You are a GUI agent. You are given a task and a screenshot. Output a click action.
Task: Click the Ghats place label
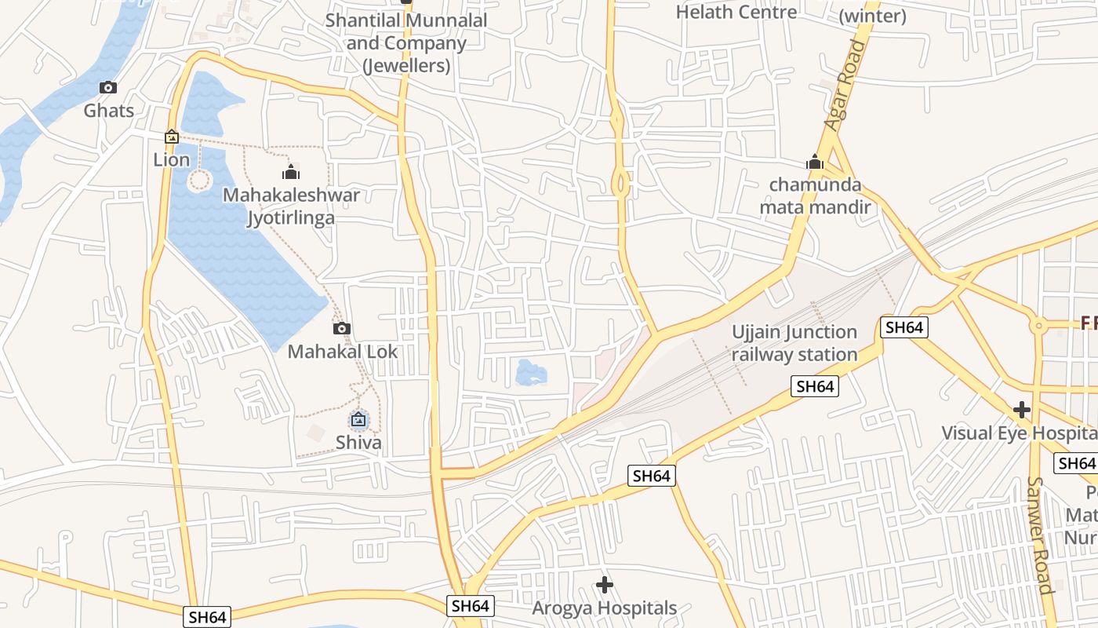tap(109, 111)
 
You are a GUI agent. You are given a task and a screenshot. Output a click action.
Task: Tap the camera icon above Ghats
tap(108, 88)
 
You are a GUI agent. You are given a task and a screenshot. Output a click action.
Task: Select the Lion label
tap(172, 160)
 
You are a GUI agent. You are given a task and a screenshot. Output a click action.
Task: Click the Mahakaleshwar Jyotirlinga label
tap(292, 206)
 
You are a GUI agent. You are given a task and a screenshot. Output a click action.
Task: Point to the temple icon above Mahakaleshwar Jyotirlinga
tap(292, 172)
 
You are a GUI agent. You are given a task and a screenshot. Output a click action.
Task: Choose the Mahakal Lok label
tap(343, 352)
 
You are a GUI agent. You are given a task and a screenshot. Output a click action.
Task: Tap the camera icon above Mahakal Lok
tap(341, 329)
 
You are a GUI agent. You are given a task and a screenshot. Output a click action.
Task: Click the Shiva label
tap(358, 443)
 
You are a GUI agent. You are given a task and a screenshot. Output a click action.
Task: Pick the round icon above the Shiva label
tap(358, 420)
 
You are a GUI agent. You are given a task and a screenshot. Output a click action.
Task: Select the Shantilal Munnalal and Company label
tap(406, 43)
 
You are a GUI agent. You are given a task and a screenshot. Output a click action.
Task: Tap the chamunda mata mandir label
tap(815, 196)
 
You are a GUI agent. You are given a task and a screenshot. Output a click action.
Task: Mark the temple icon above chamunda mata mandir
tap(815, 163)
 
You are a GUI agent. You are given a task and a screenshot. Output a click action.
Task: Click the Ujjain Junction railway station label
tap(794, 343)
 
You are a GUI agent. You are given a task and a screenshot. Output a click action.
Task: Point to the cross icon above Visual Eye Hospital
tap(1021, 410)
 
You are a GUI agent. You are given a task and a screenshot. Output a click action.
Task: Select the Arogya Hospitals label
tap(604, 608)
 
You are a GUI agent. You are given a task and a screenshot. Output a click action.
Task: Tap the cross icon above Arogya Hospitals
tap(604, 585)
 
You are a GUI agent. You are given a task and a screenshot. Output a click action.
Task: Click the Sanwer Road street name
tap(1039, 534)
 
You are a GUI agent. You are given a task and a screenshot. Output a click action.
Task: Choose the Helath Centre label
tap(736, 12)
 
